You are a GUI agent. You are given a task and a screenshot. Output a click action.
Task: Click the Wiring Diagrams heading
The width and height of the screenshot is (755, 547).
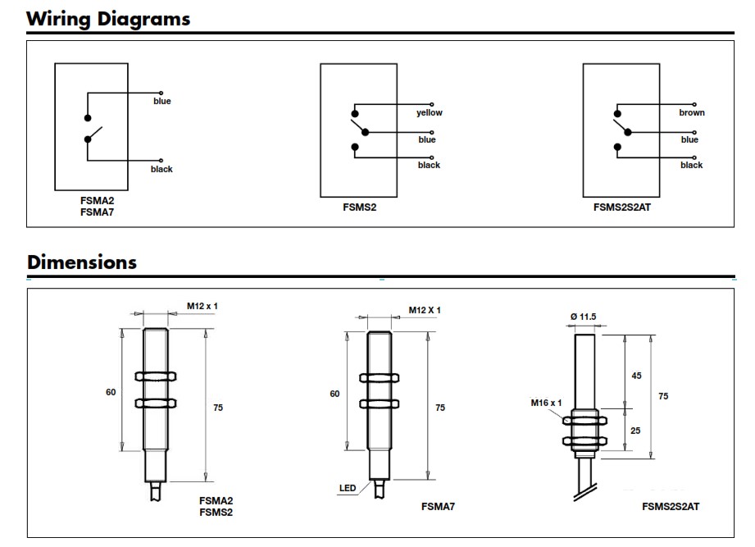point(108,19)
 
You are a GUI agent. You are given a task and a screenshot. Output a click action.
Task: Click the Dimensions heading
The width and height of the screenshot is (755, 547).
point(82,262)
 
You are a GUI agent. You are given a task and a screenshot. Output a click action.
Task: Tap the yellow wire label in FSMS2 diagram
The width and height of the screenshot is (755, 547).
point(429,112)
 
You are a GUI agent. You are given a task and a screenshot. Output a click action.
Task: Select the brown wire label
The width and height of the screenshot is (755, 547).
point(692,112)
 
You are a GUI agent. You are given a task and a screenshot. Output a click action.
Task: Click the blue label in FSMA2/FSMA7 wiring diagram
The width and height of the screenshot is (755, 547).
point(162,101)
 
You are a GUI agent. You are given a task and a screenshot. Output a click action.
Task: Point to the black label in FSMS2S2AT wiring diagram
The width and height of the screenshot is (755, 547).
point(691,165)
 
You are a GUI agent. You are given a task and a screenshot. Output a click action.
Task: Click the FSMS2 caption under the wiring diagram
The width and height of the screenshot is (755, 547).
point(360,207)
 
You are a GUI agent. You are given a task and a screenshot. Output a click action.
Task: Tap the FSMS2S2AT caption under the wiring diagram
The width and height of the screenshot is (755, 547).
point(622,207)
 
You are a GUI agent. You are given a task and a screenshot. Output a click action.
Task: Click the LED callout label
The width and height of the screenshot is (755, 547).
point(348,488)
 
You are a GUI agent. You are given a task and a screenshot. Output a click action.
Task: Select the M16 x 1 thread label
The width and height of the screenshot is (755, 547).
point(546,403)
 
